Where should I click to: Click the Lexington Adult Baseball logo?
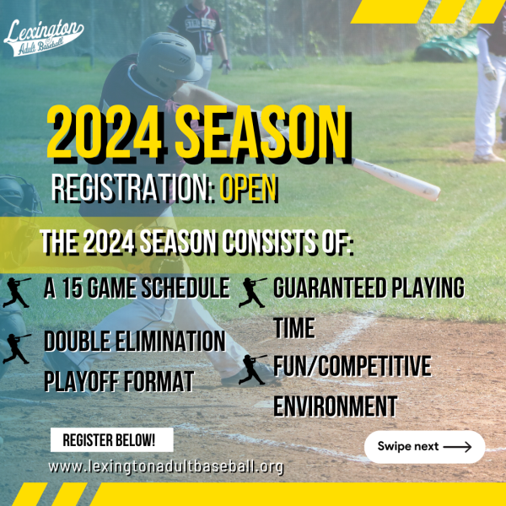tap(44, 38)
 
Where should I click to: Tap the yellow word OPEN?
tap(248, 188)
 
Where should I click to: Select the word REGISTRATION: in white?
tap(133, 188)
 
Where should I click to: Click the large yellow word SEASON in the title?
tap(262, 132)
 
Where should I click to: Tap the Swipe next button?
tap(424, 447)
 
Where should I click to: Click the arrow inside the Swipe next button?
tap(457, 447)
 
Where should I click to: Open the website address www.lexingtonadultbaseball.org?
tap(166, 467)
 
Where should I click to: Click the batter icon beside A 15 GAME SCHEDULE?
tap(17, 293)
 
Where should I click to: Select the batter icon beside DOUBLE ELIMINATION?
tap(17, 349)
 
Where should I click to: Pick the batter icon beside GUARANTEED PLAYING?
tap(253, 293)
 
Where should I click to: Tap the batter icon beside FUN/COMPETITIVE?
tap(253, 369)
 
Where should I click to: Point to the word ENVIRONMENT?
tap(336, 406)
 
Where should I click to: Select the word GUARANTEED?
tap(330, 288)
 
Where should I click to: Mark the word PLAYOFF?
tap(82, 381)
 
